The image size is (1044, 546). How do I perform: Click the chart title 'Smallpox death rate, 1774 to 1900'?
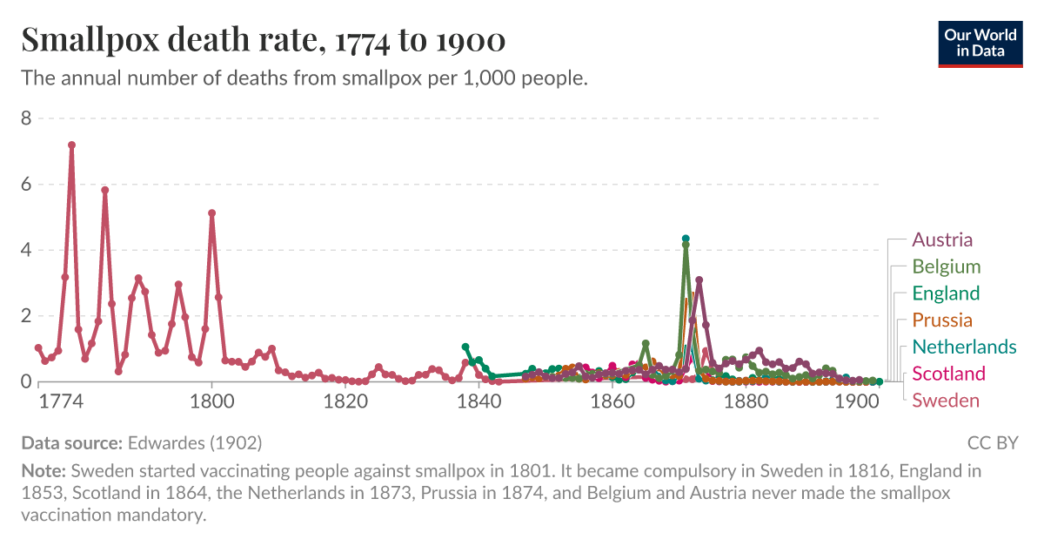[263, 41]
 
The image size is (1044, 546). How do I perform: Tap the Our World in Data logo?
[980, 41]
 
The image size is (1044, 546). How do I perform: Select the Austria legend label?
[942, 239]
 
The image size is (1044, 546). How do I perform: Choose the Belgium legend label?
[946, 266]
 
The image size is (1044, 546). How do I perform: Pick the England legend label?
[946, 293]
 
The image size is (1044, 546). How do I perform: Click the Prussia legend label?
[942, 320]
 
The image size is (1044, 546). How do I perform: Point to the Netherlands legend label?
[964, 347]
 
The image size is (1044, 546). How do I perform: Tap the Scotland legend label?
[948, 374]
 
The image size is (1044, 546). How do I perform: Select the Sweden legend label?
[946, 401]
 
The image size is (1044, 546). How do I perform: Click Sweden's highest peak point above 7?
[71, 145]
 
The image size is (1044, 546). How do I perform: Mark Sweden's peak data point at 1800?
[211, 213]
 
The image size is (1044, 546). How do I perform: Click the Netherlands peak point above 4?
[686, 239]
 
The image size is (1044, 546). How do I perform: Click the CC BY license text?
[992, 443]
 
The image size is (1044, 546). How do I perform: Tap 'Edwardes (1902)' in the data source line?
[194, 443]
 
